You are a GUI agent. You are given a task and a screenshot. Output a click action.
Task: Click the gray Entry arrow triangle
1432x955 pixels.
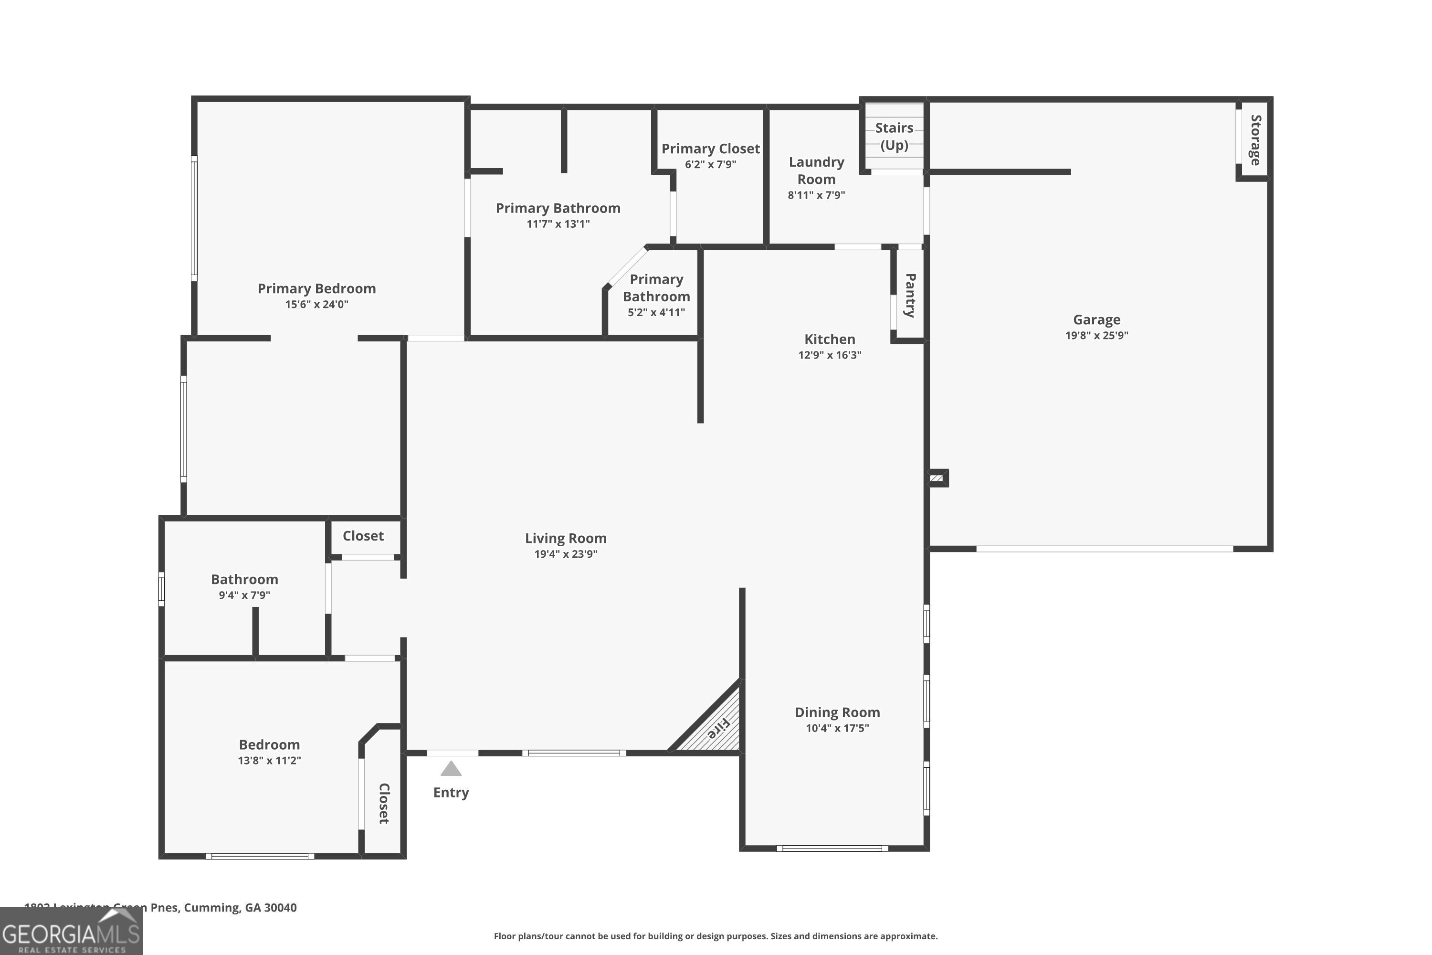click(451, 769)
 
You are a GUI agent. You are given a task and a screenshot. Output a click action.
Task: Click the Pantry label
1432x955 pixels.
click(910, 296)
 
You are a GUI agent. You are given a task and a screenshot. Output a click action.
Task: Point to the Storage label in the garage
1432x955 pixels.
click(1255, 139)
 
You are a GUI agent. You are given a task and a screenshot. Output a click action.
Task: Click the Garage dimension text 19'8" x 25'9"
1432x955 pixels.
click(1096, 335)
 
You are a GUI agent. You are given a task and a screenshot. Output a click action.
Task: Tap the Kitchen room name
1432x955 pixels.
click(829, 339)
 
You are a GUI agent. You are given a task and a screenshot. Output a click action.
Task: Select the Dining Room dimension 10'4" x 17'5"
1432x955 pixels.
click(837, 728)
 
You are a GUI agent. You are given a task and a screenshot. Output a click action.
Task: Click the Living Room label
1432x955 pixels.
click(566, 539)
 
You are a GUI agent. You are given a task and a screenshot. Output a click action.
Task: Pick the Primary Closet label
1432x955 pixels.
click(711, 149)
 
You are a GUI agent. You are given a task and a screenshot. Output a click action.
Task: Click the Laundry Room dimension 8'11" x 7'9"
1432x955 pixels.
click(816, 195)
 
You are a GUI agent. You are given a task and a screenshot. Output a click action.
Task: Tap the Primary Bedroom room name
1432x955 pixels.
click(316, 289)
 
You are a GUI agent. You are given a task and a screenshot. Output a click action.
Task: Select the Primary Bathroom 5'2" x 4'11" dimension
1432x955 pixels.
click(656, 312)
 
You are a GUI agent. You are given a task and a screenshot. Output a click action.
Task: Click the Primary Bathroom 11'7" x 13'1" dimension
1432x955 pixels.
click(558, 223)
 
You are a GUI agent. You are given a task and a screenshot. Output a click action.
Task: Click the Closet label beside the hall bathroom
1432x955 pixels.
click(363, 536)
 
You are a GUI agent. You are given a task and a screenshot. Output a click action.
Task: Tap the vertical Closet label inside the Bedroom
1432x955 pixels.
click(384, 803)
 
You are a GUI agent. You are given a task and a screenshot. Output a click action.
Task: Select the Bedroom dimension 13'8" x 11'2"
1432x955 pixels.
click(269, 760)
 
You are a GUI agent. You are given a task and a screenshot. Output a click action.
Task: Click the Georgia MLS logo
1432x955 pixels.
click(71, 933)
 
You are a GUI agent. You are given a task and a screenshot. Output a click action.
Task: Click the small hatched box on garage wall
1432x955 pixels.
click(937, 478)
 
